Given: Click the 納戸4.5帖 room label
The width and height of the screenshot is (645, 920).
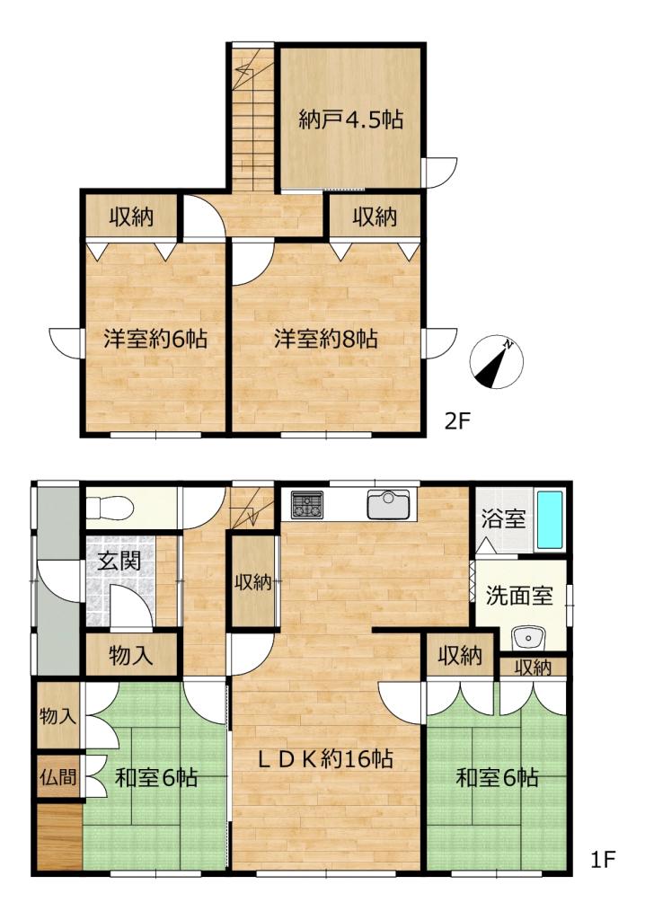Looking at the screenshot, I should tap(349, 120).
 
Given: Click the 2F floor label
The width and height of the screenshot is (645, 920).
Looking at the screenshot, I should tap(458, 422).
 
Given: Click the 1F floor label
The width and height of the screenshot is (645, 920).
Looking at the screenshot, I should tap(602, 861).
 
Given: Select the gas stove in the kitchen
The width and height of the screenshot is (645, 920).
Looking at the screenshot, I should tap(305, 506).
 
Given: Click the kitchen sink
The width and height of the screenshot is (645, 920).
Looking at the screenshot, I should tap(387, 505).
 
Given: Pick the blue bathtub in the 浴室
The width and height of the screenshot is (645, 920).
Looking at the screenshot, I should tap(549, 520).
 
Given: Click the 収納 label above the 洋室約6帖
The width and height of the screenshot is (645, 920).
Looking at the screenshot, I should tap(131, 217).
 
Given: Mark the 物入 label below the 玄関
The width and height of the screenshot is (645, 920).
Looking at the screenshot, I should tap(130, 655).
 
